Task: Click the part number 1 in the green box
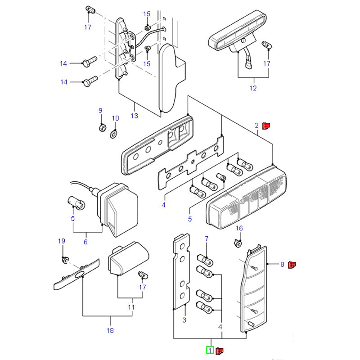pyautogui.click(x=210, y=350)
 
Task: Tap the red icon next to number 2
pyautogui.click(x=266, y=126)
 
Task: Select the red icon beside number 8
pyautogui.click(x=292, y=265)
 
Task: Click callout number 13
pyautogui.click(x=134, y=116)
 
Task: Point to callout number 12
pyautogui.click(x=253, y=88)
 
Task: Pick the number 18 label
pyautogui.click(x=110, y=331)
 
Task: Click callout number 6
pyautogui.click(x=85, y=242)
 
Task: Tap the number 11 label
pyautogui.click(x=131, y=308)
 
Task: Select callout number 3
pyautogui.click(x=184, y=320)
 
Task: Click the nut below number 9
pyautogui.click(x=102, y=128)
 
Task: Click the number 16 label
pyautogui.click(x=239, y=229)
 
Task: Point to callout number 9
pyautogui.click(x=100, y=110)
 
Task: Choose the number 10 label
pyautogui.click(x=115, y=118)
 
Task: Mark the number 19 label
pyautogui.click(x=62, y=242)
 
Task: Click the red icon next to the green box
pyautogui.click(x=220, y=350)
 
